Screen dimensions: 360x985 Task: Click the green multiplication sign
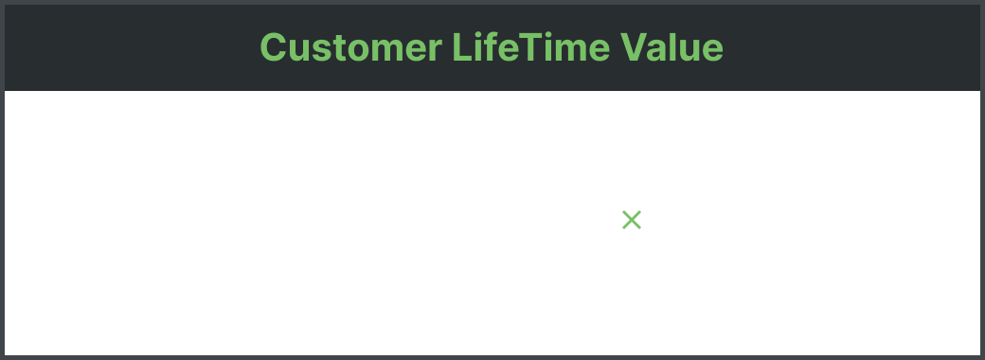[632, 221]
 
